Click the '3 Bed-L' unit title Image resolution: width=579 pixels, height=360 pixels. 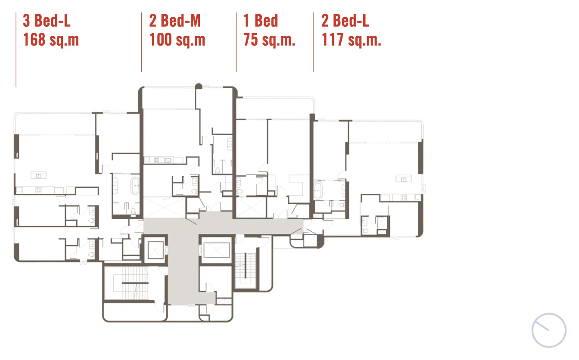(47, 21)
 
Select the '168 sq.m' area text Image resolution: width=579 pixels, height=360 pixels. (51, 40)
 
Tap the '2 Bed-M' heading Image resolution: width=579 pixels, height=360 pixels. (175, 21)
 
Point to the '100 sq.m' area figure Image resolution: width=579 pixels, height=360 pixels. (177, 40)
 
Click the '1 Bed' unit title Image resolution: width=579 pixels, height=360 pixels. (261, 21)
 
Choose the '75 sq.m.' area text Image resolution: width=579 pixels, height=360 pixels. (269, 40)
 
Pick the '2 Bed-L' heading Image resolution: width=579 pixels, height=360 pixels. (345, 21)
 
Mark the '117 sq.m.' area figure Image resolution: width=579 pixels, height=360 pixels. (351, 40)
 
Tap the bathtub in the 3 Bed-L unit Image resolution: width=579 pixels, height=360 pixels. (135, 186)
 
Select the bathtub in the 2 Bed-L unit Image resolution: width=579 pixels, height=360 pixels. (318, 191)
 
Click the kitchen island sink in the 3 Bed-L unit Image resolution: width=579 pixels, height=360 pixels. (38, 175)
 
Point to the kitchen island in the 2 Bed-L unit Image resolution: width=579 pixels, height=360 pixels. (404, 179)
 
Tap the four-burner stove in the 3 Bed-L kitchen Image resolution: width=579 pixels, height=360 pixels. (38, 190)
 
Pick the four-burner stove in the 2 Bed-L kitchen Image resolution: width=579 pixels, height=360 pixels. (404, 198)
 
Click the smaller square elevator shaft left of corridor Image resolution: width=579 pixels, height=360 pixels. (156, 250)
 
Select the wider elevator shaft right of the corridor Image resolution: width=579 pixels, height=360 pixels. (216, 250)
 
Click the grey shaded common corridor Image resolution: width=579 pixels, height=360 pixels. (183, 261)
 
